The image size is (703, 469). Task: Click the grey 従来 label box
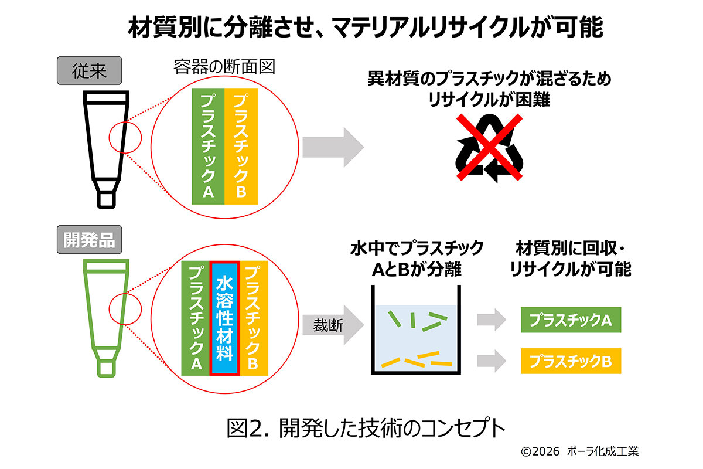point(88,72)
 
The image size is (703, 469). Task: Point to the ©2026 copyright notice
point(579,452)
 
